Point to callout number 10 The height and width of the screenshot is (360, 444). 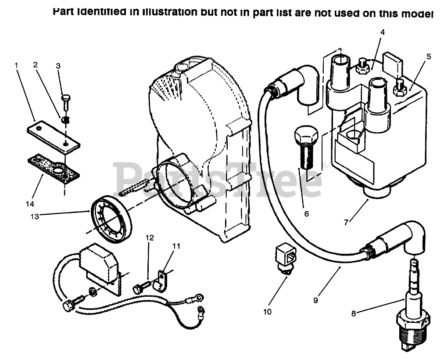268,312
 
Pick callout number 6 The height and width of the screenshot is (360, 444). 306,214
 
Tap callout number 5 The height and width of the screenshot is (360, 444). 429,57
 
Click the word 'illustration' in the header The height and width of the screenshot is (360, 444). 166,12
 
